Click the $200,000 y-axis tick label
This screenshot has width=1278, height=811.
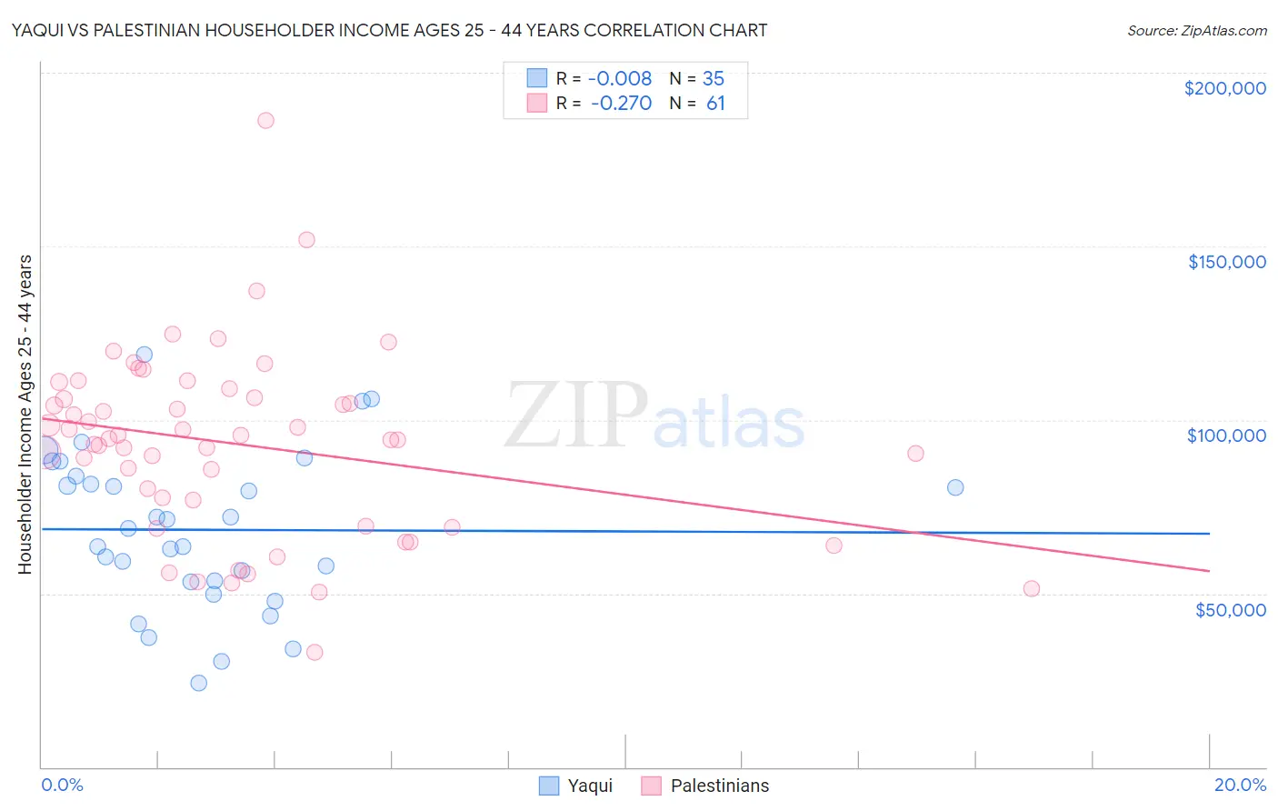[x=1224, y=88]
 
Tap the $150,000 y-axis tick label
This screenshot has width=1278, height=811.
[x=1226, y=262]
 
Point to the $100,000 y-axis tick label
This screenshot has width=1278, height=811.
[x=1226, y=436]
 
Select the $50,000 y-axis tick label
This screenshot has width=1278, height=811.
[x=1230, y=609]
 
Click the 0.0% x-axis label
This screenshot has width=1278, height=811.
[x=62, y=785]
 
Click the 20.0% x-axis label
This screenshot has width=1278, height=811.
[x=1240, y=785]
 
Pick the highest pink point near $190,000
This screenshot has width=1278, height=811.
[x=265, y=120]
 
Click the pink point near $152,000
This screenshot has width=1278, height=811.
[x=306, y=240]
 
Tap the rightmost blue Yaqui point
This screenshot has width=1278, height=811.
[x=954, y=487]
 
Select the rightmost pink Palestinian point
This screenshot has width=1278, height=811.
[x=1031, y=588]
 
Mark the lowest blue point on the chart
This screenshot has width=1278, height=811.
[x=198, y=683]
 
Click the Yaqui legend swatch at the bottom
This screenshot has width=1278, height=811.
[x=548, y=786]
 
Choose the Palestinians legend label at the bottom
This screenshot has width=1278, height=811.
[x=719, y=786]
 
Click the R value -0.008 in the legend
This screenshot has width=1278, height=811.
[x=620, y=79]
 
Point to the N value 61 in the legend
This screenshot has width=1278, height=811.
[x=715, y=104]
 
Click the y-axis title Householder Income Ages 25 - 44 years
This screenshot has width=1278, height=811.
[x=25, y=415]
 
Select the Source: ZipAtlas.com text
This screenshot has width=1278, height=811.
[x=1196, y=31]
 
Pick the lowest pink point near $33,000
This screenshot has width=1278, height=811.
[x=315, y=652]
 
